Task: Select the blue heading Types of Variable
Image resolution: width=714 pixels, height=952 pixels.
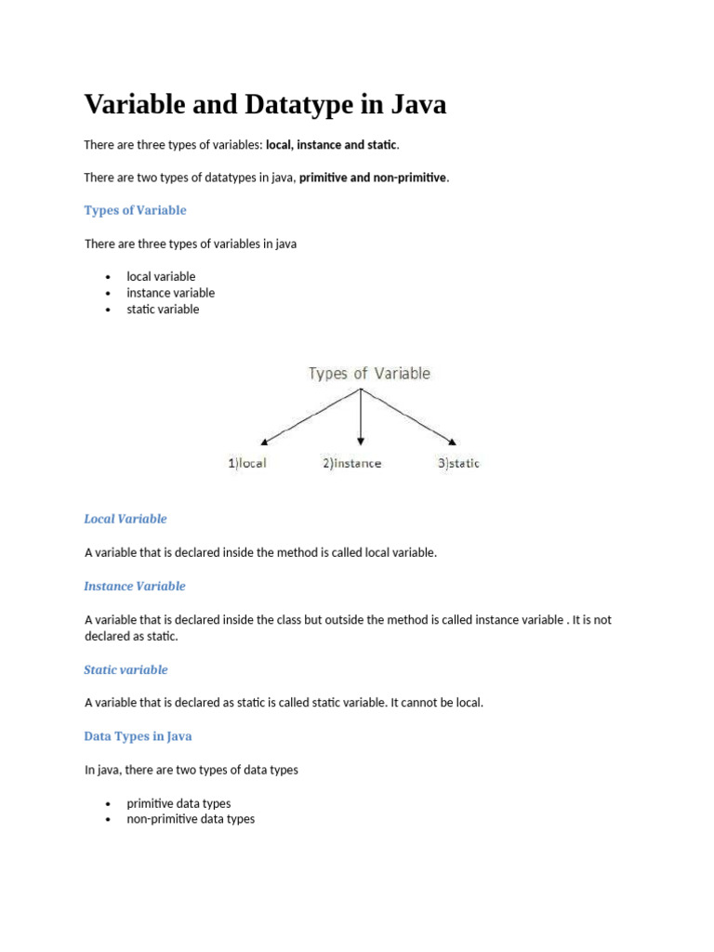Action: tap(135, 210)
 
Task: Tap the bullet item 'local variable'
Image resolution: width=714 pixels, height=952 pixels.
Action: tap(161, 276)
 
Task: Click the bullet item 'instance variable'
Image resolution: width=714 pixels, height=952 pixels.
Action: tap(170, 293)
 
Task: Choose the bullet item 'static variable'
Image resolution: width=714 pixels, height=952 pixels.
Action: tap(163, 310)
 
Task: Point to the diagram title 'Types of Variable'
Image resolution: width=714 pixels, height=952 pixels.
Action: tap(369, 374)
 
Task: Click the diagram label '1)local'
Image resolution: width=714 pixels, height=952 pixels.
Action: tap(247, 463)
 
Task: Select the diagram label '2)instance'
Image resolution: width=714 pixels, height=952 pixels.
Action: tap(351, 463)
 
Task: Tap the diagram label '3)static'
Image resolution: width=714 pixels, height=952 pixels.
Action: tap(458, 463)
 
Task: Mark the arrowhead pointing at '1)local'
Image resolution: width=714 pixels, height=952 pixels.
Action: tap(266, 441)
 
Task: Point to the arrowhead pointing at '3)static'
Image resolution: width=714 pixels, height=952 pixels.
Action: tap(453, 441)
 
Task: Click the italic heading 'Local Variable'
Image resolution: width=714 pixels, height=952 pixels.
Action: tap(126, 519)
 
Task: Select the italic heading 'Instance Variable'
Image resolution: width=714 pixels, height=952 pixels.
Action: tap(135, 586)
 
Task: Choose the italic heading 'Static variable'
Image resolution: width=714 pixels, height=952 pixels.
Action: tap(126, 669)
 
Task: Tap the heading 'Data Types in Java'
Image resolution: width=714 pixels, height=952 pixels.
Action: tap(138, 736)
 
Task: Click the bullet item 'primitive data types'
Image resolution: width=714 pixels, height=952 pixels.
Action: tap(178, 803)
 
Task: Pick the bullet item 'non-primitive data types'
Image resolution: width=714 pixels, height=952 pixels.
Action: tap(191, 819)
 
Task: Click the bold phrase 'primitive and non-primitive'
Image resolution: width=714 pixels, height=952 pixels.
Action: tap(373, 178)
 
